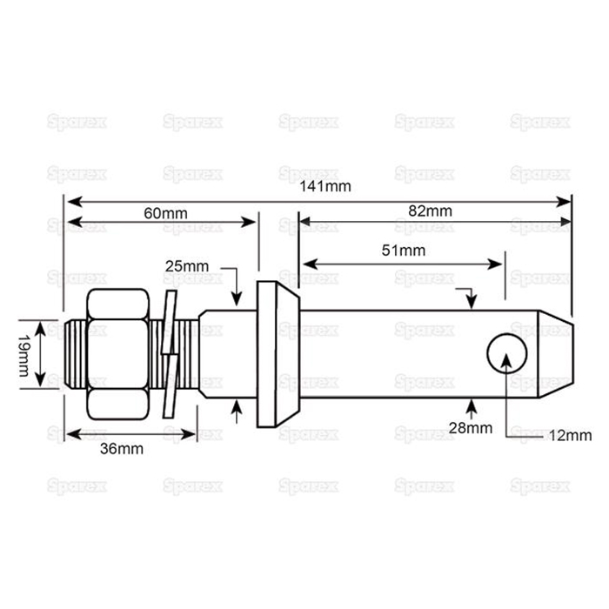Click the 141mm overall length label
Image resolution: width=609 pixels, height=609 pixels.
coord(319,186)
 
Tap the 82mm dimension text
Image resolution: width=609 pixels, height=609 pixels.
coord(431,211)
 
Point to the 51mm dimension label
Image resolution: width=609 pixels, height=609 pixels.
coord(401,251)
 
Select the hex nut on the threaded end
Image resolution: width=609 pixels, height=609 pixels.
coord(118,355)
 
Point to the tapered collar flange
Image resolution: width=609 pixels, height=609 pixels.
coord(277,355)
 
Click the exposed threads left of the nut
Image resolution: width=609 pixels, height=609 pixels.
coord(75,355)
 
